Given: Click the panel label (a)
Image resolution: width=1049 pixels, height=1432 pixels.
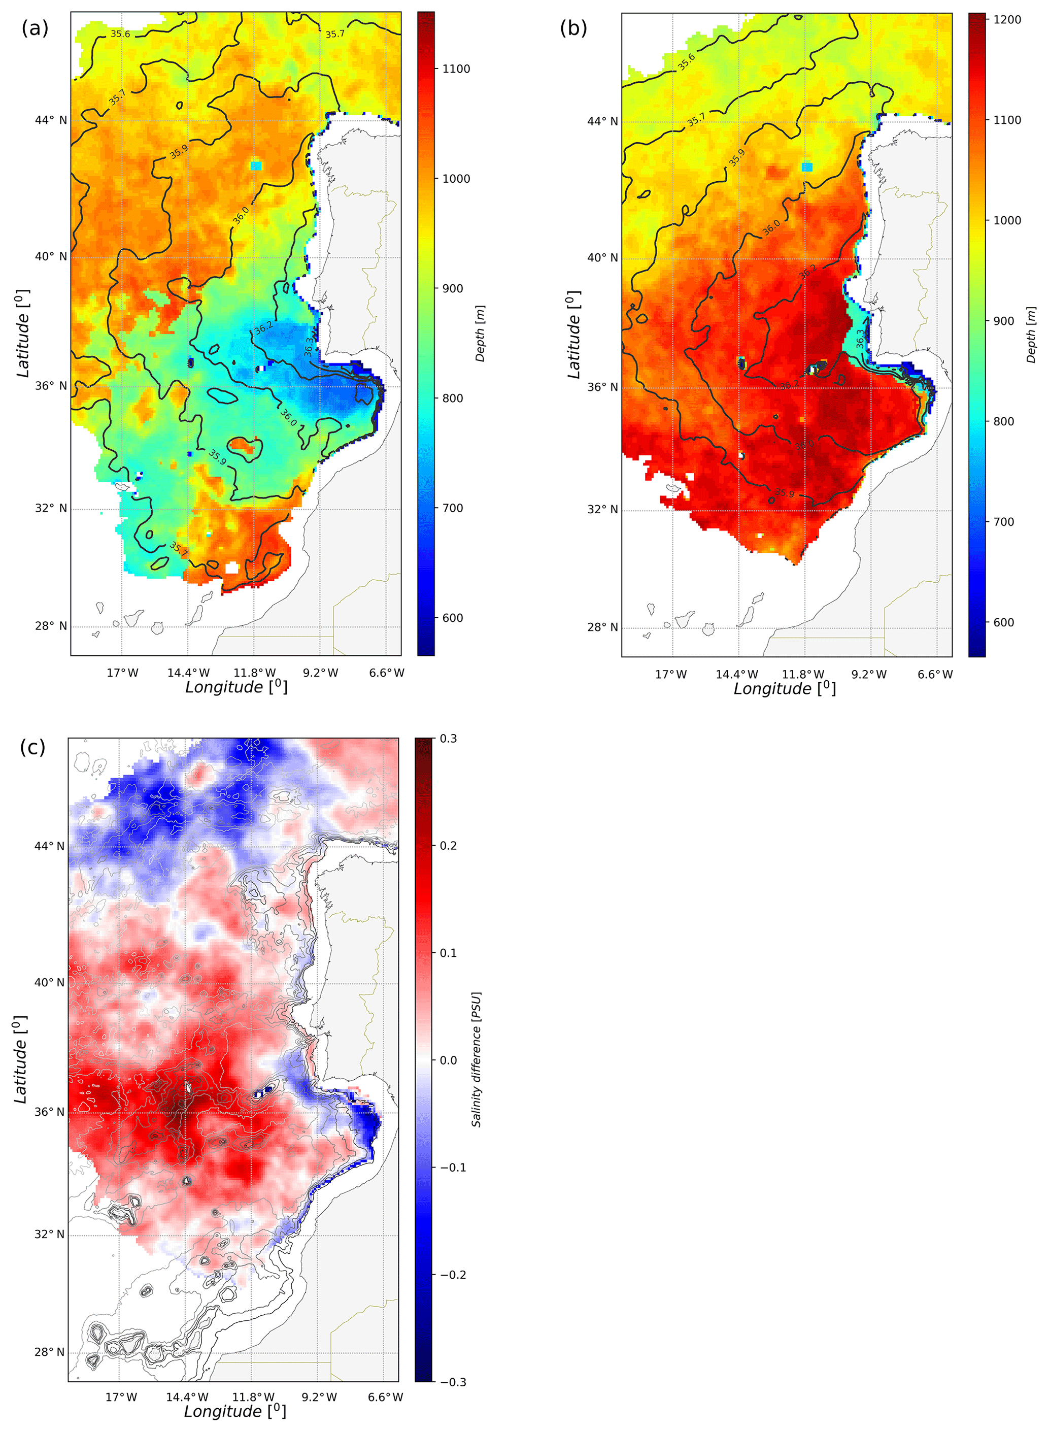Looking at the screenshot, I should click(x=35, y=28).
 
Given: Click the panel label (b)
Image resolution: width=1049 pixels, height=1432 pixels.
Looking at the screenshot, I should click(x=573, y=28).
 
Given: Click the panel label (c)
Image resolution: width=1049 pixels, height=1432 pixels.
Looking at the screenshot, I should click(x=32, y=747).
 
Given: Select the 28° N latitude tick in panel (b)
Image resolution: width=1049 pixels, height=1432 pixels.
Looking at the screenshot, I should click(x=602, y=627).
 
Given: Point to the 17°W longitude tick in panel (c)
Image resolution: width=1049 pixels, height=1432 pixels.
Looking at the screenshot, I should click(x=121, y=1397).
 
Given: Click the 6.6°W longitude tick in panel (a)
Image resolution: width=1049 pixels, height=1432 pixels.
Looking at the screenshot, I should click(x=386, y=673).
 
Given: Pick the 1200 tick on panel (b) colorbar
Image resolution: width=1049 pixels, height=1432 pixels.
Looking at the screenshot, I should click(x=1007, y=20).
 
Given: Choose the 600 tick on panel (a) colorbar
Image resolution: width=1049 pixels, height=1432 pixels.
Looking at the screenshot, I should click(x=452, y=618).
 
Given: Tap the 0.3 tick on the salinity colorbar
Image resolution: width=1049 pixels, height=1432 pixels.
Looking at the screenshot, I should click(x=448, y=739).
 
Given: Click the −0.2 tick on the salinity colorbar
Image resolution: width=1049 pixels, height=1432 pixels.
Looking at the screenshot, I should click(x=453, y=1275).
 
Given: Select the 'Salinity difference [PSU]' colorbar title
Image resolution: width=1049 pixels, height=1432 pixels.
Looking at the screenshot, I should click(x=476, y=1059).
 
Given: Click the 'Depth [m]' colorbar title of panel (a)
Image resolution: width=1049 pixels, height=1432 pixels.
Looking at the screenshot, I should click(x=480, y=334).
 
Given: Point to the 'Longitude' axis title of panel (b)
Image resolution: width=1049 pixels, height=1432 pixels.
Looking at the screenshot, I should click(x=785, y=689).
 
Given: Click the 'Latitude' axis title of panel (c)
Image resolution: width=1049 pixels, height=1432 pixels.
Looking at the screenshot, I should click(x=20, y=1059).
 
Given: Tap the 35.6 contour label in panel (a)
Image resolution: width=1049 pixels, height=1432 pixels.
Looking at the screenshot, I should click(x=120, y=34).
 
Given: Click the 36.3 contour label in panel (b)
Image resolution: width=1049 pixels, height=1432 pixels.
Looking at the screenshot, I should click(x=860, y=338).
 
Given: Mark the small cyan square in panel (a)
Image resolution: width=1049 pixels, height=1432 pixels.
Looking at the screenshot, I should click(x=256, y=166).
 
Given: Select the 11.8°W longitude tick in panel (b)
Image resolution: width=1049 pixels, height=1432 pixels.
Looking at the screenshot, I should click(x=803, y=675).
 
